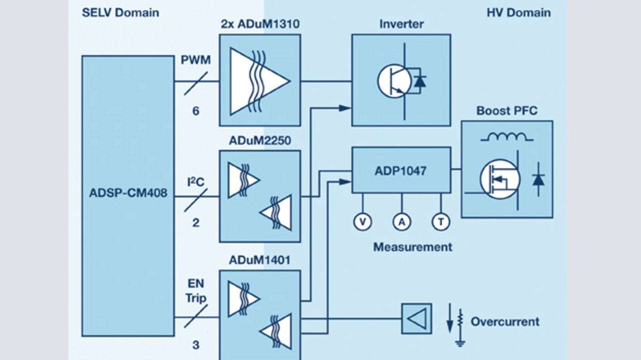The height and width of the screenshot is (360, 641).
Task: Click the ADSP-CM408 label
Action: (x=128, y=193)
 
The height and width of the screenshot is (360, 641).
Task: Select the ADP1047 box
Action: (x=401, y=170)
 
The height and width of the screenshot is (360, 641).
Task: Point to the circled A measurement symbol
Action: (x=401, y=221)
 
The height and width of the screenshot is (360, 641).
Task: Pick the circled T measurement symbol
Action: (x=441, y=221)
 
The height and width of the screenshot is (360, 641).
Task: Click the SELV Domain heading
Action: (x=120, y=13)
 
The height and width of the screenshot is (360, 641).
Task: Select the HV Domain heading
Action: (x=518, y=13)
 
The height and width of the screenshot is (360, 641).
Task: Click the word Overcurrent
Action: (x=505, y=321)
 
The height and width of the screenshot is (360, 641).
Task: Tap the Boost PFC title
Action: (x=507, y=111)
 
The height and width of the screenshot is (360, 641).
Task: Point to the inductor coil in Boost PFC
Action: (x=507, y=136)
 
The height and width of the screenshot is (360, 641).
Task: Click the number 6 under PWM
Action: (x=196, y=111)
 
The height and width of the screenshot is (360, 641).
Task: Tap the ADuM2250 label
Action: (x=259, y=141)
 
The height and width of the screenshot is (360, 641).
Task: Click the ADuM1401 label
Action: (x=259, y=260)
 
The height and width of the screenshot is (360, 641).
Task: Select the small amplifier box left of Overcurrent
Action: (x=416, y=318)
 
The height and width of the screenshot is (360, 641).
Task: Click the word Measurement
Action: (x=413, y=247)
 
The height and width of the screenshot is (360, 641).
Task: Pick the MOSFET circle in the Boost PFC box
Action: (x=500, y=179)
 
